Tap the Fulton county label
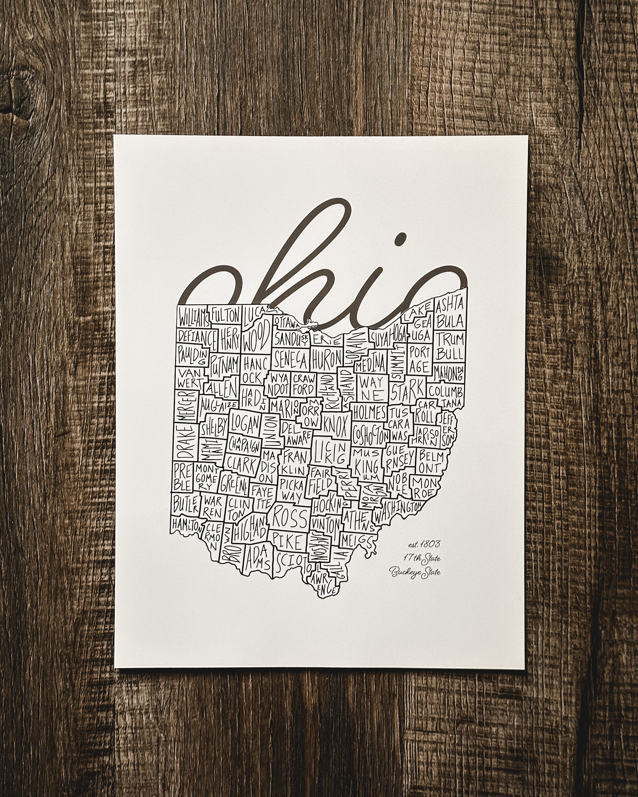226,315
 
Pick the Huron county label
327,358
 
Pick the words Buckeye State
415,572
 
